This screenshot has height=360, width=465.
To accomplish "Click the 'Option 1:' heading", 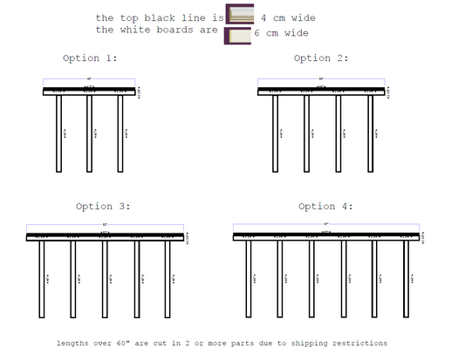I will click(x=90, y=58).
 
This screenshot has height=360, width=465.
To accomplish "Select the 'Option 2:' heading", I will click(x=321, y=58).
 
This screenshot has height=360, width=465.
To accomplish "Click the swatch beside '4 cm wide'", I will click(x=239, y=17).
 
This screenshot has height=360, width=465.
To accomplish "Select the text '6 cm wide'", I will click(x=281, y=33).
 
